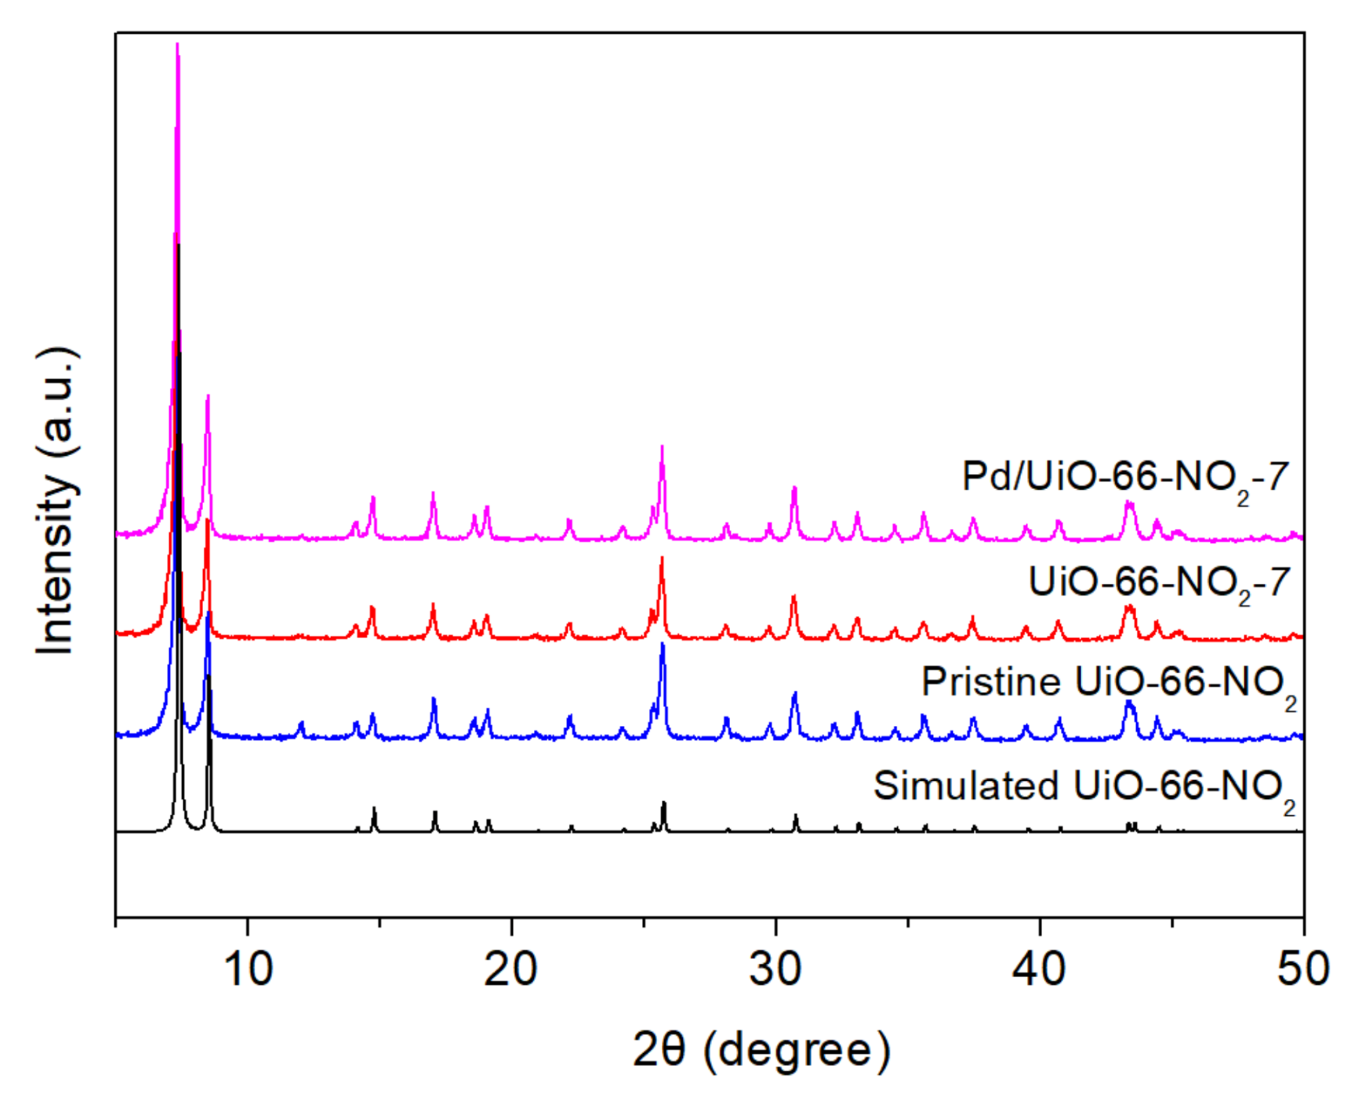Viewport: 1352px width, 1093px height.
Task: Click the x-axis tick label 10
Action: (248, 970)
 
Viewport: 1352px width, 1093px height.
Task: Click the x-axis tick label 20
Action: (511, 970)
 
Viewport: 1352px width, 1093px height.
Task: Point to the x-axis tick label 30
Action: (775, 970)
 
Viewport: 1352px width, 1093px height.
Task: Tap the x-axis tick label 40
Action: (1039, 970)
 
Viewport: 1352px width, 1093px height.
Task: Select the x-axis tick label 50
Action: (1303, 970)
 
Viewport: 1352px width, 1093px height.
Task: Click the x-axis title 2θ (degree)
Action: (761, 1050)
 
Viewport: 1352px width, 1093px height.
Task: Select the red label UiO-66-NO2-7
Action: (1159, 583)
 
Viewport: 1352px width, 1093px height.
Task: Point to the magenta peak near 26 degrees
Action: (662, 447)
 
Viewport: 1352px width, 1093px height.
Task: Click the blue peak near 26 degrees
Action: (662, 644)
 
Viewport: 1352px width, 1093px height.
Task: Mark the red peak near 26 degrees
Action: (662, 558)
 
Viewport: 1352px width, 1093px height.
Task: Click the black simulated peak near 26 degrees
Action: (663, 803)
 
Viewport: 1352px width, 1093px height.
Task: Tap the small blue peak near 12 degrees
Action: (302, 723)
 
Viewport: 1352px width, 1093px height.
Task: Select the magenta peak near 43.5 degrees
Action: (1129, 502)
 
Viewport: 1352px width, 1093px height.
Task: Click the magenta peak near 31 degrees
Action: (794, 488)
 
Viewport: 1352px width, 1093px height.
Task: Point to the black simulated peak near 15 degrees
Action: (374, 809)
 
